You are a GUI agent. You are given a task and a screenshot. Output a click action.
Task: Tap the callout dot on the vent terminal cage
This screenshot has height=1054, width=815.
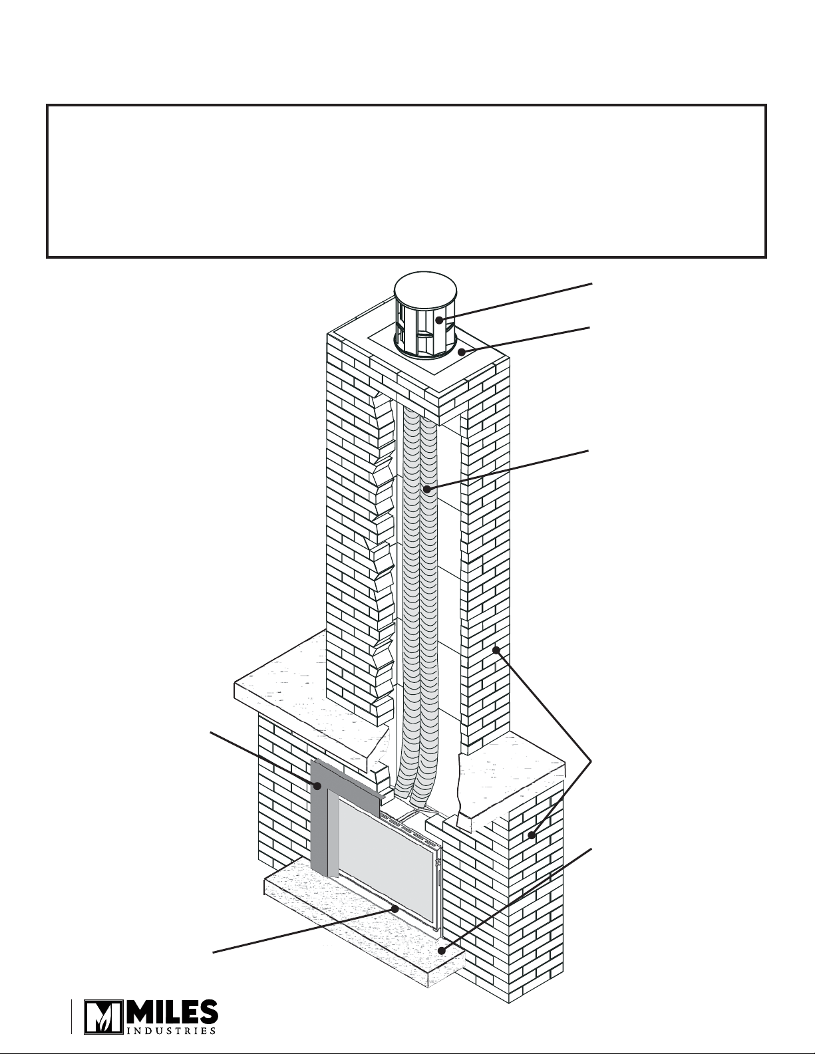tap(439, 320)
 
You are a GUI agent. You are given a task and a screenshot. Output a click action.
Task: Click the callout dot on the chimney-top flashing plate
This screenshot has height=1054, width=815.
tap(462, 352)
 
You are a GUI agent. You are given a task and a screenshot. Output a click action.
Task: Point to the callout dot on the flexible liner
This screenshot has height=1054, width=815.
tap(427, 489)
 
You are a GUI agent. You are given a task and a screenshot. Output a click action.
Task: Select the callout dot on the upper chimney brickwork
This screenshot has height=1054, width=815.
tap(496, 650)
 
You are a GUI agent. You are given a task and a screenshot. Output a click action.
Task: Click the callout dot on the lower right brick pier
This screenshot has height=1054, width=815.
tap(532, 835)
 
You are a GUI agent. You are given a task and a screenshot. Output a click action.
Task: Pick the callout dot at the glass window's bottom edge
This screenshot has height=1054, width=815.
tap(396, 908)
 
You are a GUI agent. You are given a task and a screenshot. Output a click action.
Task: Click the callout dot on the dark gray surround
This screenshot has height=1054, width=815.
tap(317, 786)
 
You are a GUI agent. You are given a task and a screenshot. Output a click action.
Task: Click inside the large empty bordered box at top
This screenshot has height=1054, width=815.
tap(407, 181)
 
